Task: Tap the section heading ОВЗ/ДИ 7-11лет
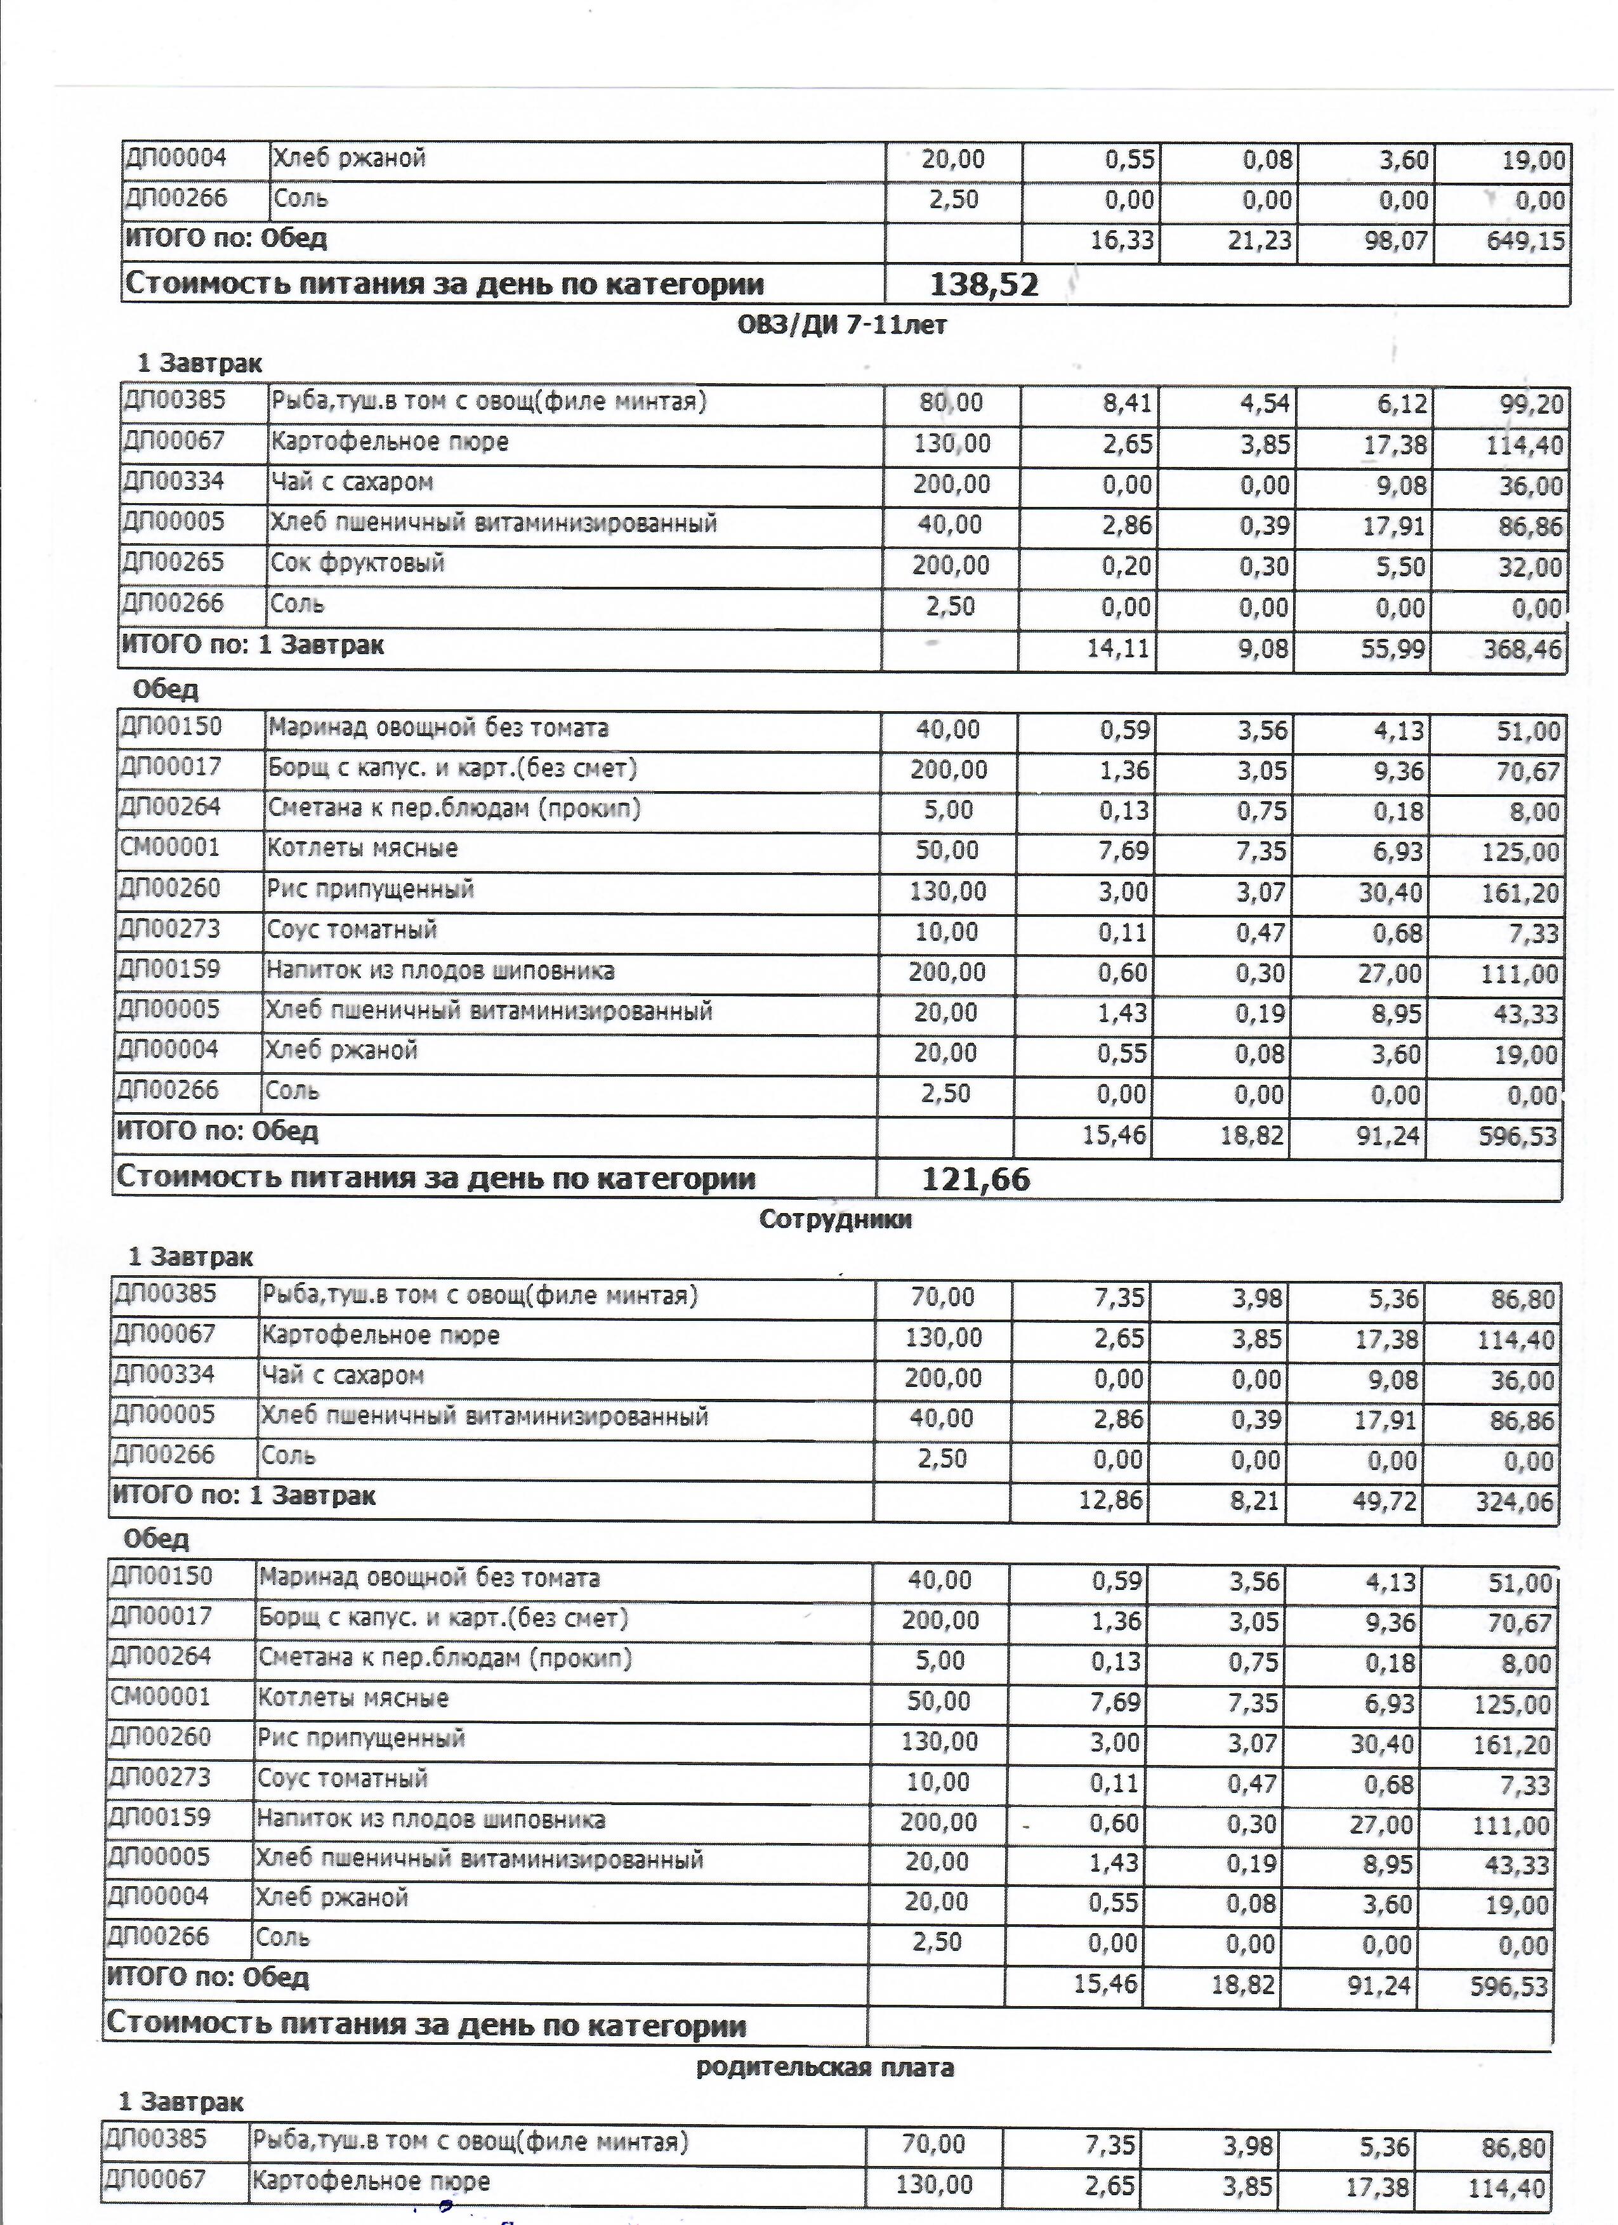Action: [842, 325]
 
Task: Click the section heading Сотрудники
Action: [835, 1219]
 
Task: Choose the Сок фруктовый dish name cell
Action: [357, 563]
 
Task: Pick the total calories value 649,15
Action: [1526, 241]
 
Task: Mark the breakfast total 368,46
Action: [1522, 648]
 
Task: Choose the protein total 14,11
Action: [1119, 648]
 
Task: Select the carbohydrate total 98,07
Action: [1395, 241]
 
